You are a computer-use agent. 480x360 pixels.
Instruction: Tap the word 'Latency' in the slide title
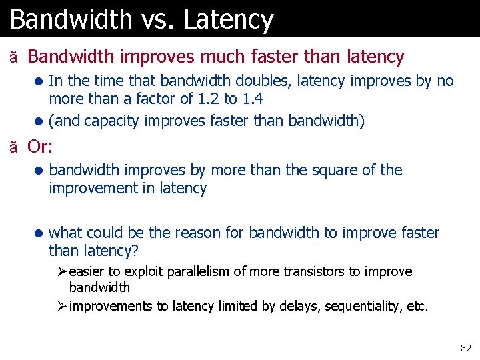[x=229, y=19]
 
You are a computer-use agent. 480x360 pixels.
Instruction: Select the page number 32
[x=465, y=348]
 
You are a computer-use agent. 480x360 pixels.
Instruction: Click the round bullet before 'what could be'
[x=39, y=233]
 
